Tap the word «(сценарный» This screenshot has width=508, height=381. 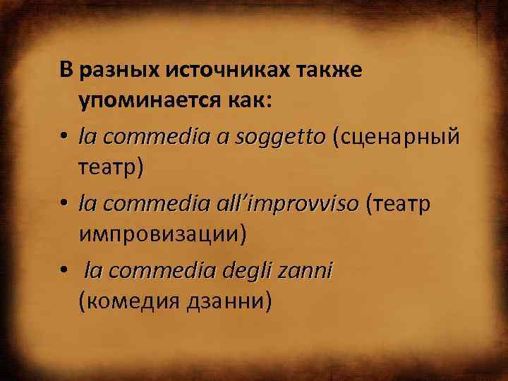point(400,135)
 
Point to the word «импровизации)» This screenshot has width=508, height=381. point(163,234)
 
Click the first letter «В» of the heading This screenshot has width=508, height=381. point(66,71)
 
